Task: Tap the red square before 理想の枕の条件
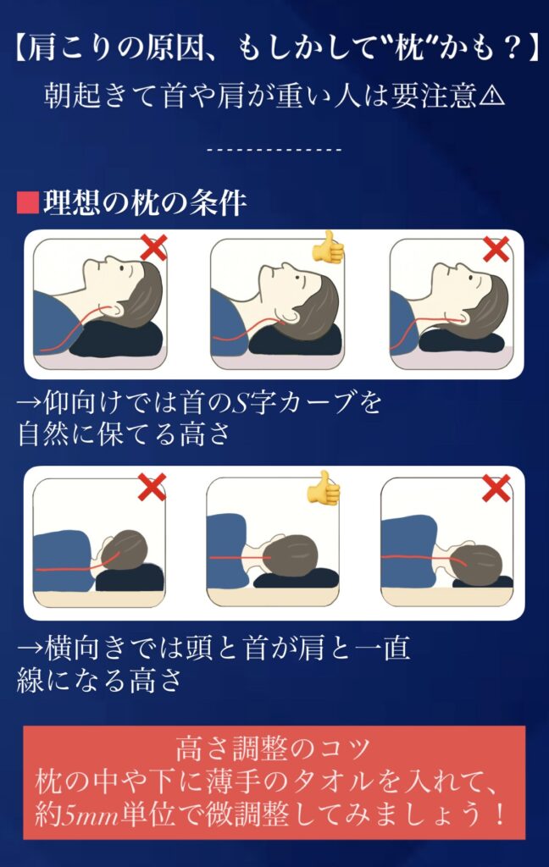[x=27, y=202]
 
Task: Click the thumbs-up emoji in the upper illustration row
[x=328, y=246]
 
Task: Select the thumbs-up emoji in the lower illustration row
[x=324, y=487]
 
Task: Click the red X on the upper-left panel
[x=152, y=247]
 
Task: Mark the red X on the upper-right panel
[x=496, y=249]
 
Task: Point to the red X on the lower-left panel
[x=152, y=487]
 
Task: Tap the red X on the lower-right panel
[x=496, y=489]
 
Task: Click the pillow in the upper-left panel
[x=116, y=339]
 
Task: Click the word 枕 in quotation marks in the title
[x=409, y=49]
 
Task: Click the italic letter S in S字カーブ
[x=237, y=403]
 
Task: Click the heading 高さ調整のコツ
[x=274, y=749]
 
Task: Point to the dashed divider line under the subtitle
[x=274, y=149]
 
